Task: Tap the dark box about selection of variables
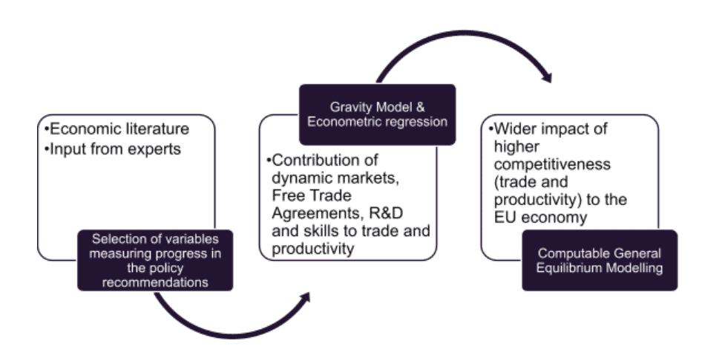(x=155, y=260)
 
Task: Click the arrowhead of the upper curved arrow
(x=547, y=76)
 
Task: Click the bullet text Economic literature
(x=117, y=129)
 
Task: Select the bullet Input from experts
(x=114, y=149)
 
